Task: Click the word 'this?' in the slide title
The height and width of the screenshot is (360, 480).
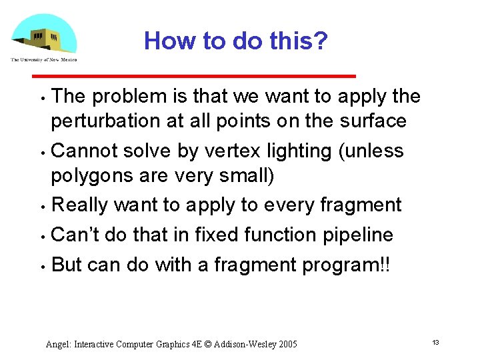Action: click(297, 41)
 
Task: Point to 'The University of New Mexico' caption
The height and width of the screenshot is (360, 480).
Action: click(43, 59)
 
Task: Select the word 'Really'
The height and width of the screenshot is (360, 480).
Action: click(79, 205)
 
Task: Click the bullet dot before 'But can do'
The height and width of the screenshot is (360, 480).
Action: click(42, 266)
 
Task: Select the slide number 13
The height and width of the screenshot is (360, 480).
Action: click(435, 342)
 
